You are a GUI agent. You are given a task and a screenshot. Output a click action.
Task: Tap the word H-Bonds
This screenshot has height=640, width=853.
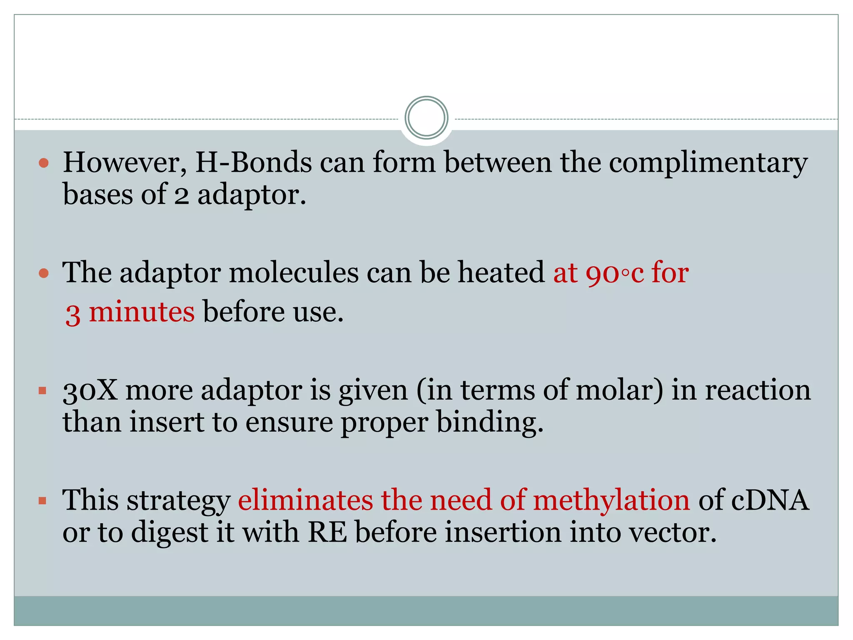[254, 162]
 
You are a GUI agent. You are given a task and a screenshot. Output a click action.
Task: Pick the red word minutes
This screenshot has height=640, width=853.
[142, 312]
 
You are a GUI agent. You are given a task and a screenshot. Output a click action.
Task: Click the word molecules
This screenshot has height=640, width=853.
[293, 273]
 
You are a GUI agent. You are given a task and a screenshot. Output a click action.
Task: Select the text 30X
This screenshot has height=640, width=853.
[90, 391]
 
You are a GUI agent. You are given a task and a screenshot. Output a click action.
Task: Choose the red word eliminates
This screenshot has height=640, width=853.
[305, 500]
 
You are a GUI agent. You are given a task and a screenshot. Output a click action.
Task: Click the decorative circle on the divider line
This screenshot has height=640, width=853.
[426, 118]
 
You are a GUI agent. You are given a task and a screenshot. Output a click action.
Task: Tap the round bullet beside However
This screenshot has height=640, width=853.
[43, 162]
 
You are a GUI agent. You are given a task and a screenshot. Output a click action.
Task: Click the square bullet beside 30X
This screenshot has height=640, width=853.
[42, 391]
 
